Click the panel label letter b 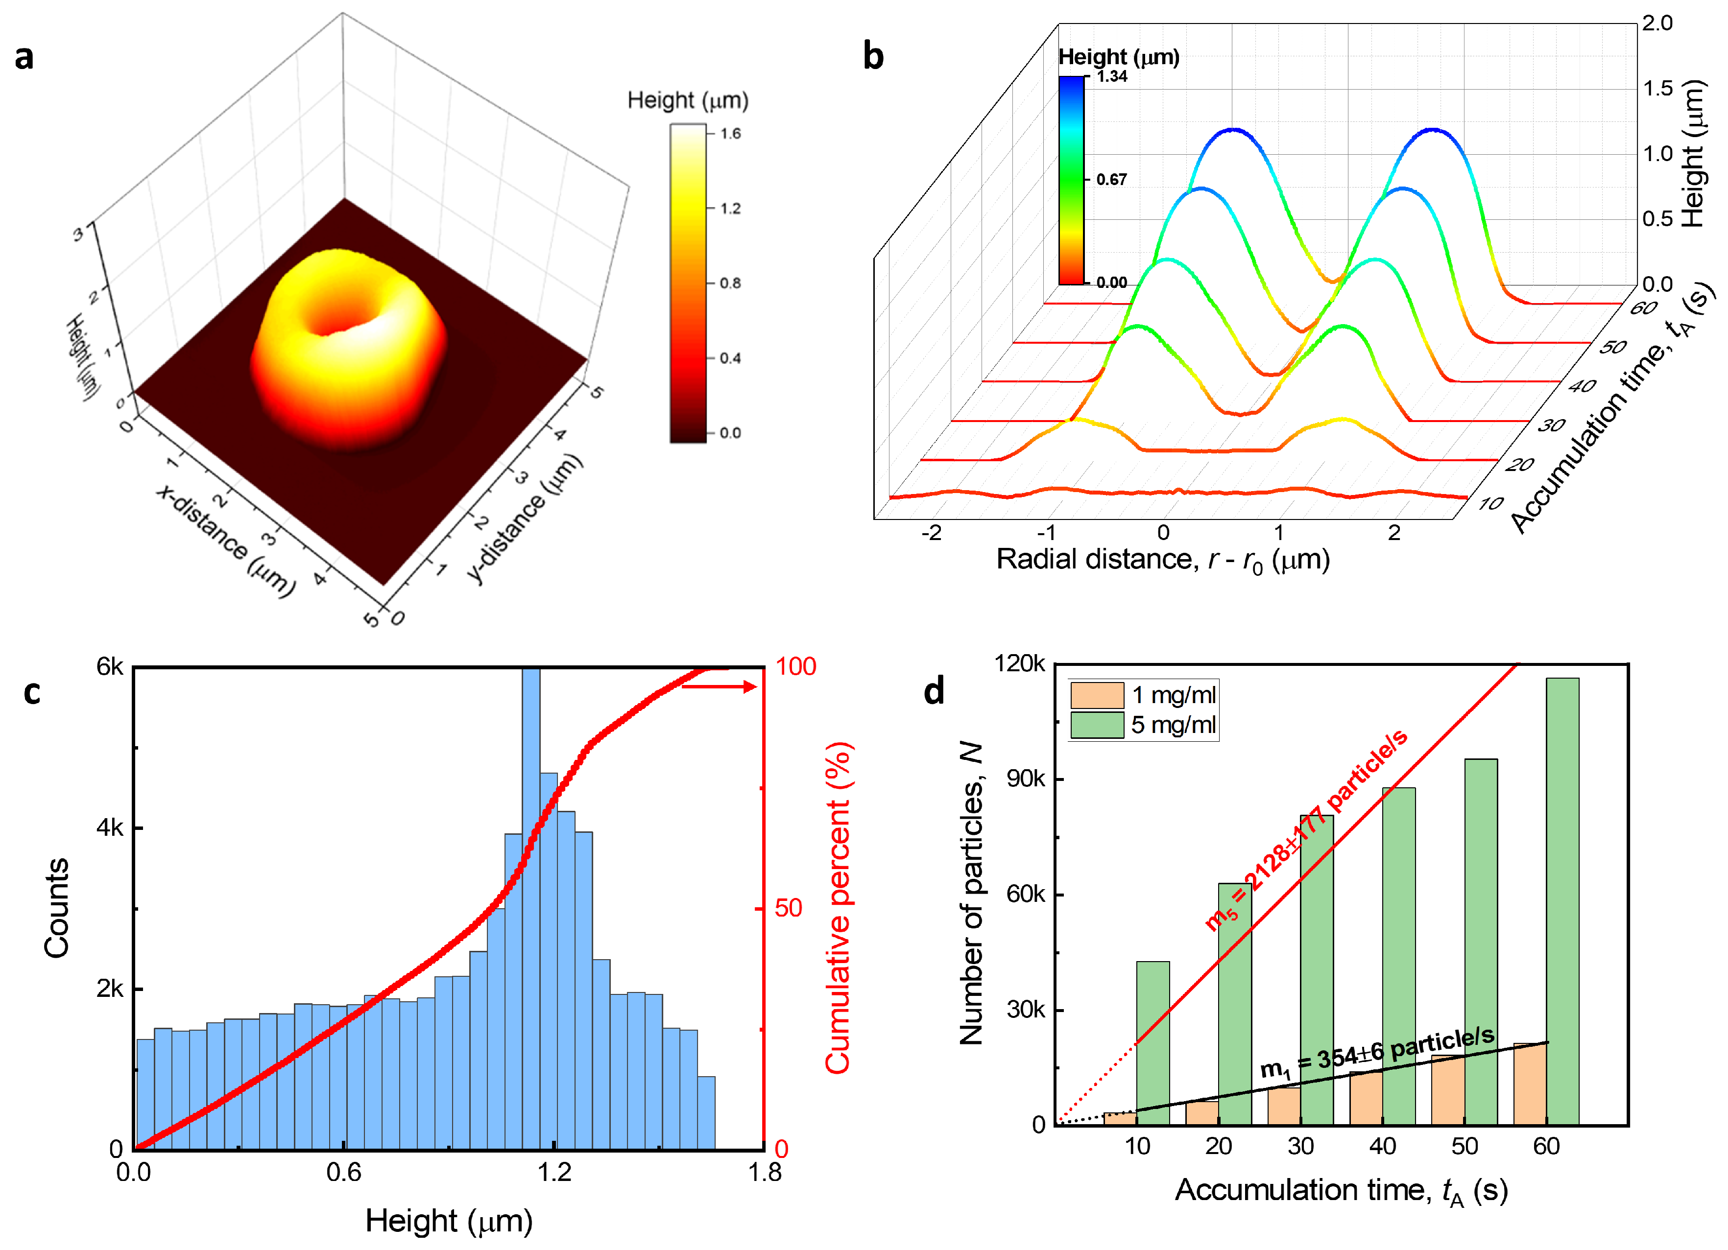pos(873,57)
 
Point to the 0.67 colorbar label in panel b pos(1111,180)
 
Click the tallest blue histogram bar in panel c pos(531,906)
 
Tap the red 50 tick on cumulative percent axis pos(789,908)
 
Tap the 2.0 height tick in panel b pos(1657,23)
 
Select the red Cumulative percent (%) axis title pos(838,907)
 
